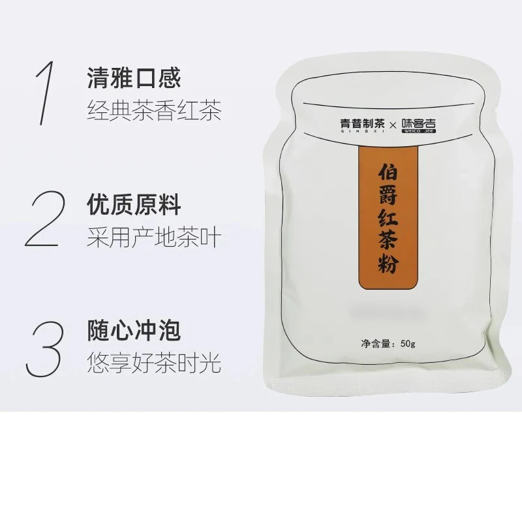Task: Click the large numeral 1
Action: click(x=46, y=93)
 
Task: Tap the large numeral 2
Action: click(x=45, y=219)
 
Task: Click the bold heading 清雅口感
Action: click(x=134, y=78)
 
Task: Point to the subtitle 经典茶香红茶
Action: click(x=154, y=110)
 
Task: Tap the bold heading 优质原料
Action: click(x=134, y=205)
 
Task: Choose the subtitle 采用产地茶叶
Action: click(x=154, y=237)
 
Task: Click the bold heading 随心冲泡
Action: click(x=134, y=331)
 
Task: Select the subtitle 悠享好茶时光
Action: click(x=154, y=363)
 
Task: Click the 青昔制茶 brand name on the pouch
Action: click(x=362, y=124)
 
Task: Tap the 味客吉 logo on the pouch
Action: click(x=418, y=123)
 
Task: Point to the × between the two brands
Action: click(x=393, y=125)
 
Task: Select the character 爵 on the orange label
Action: click(x=388, y=194)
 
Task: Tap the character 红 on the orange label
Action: click(x=388, y=218)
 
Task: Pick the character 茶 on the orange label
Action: click(x=388, y=240)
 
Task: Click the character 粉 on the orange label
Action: click(x=388, y=264)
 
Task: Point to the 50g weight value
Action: click(x=408, y=343)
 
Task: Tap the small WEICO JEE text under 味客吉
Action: click(x=419, y=131)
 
